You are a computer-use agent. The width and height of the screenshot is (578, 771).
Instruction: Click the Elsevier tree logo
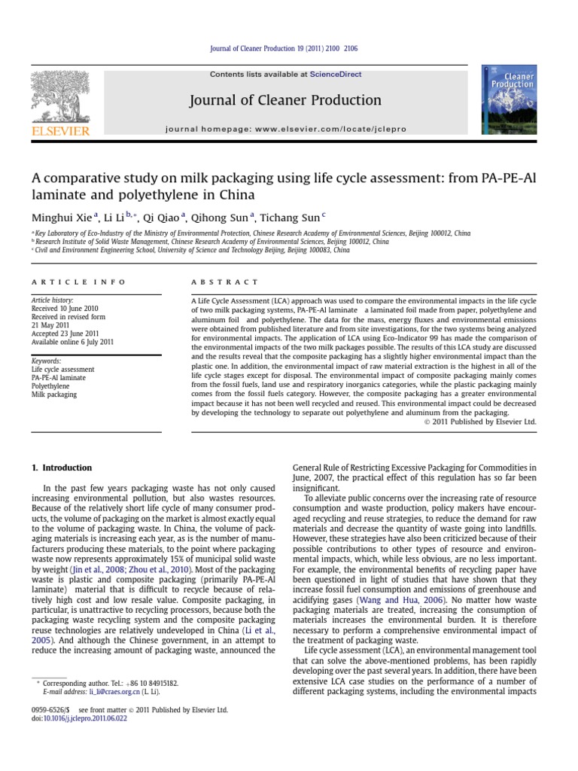click(60, 100)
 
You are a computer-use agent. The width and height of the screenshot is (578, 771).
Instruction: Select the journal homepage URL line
click(285, 130)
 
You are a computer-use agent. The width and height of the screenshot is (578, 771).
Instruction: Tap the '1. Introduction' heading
click(62, 468)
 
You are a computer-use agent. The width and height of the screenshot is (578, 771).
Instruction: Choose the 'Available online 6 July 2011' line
click(72, 342)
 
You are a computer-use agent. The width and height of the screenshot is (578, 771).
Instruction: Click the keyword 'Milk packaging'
click(54, 394)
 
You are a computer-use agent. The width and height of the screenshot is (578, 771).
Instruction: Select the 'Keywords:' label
click(47, 361)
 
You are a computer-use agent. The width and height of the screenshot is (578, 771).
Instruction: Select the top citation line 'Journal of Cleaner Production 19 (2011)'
click(288, 48)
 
